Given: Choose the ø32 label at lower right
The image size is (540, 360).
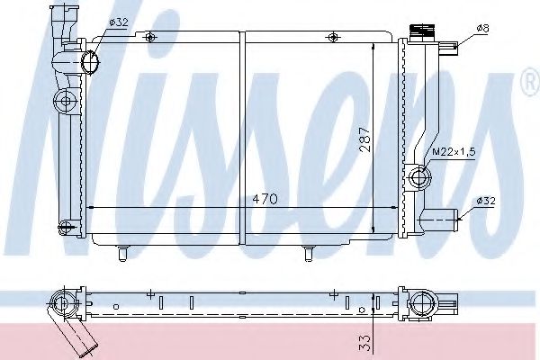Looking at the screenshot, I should click(484, 200).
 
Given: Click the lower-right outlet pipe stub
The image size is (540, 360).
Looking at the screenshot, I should click(442, 215).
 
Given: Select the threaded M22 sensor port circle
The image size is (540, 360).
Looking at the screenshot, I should click(418, 178).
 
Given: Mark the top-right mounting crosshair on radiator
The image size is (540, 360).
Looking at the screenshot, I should click(334, 37).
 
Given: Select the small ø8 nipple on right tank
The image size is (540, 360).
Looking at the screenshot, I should click(448, 46).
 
